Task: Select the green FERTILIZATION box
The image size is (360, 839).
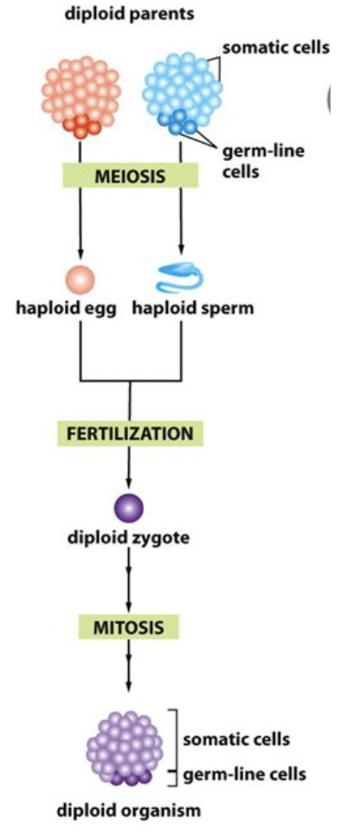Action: coord(130,432)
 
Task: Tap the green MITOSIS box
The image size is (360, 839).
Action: coord(129,626)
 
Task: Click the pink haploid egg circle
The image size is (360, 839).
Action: coord(80,279)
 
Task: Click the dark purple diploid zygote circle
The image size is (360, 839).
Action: coord(129,508)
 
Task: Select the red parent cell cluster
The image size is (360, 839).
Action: coord(80,96)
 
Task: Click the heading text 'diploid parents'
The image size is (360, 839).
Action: coord(129,14)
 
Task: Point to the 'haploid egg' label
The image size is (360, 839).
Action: coord(66,309)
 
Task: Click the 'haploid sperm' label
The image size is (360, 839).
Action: coord(193,309)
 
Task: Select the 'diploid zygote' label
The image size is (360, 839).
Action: coord(129,537)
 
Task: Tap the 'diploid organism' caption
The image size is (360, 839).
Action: coord(129,810)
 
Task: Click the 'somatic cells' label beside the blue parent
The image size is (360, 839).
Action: coord(276,48)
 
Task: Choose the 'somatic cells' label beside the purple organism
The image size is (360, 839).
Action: coord(236,740)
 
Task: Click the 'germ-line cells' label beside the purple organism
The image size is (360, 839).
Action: coord(245,774)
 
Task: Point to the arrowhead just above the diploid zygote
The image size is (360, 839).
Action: coord(129,481)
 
